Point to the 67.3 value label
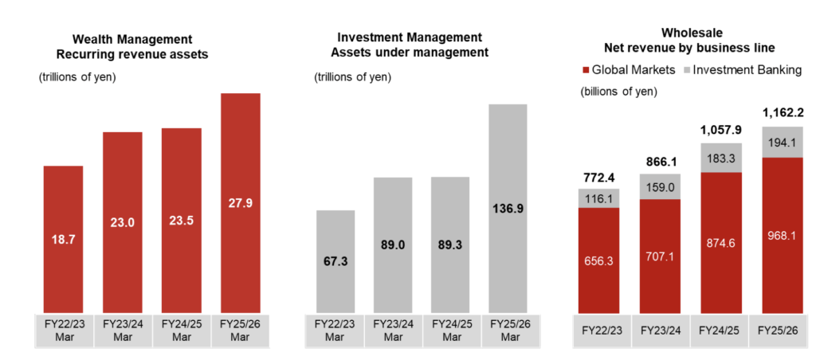335,260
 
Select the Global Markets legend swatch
587,70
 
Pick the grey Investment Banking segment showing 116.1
598,198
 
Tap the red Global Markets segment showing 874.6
721,241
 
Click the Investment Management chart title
410,45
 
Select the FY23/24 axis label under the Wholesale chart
660,329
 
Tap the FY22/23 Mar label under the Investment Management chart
335,331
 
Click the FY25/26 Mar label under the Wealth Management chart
240,331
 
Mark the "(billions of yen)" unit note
618,91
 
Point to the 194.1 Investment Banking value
783,142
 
